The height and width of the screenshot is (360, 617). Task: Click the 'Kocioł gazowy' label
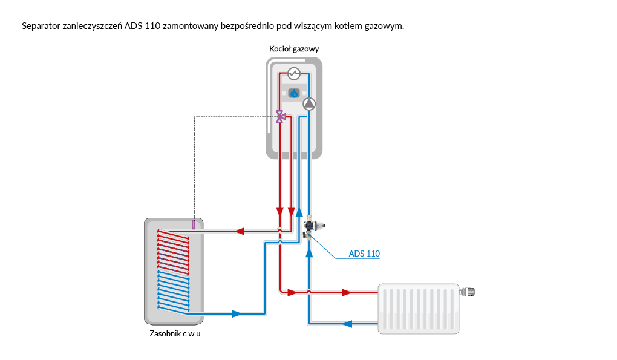coord(293,48)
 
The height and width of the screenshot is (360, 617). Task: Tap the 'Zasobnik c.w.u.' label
coord(175,333)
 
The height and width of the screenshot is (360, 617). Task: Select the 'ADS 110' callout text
coord(364,254)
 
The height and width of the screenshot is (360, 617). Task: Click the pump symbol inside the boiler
coord(309,103)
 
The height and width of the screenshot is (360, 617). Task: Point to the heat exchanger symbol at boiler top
coord(294,74)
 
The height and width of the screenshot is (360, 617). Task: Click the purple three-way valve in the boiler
coord(280,116)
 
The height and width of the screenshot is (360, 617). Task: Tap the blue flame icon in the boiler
coord(294,93)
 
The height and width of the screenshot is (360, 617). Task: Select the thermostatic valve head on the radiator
coord(469,292)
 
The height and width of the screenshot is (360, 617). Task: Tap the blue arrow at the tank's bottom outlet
coord(237,314)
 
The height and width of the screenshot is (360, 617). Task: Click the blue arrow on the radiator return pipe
coord(347,323)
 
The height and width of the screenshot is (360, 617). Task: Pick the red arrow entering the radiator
coord(347,292)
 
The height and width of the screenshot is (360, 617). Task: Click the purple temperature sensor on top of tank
coord(193,224)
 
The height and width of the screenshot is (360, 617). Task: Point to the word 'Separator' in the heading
coord(41,26)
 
